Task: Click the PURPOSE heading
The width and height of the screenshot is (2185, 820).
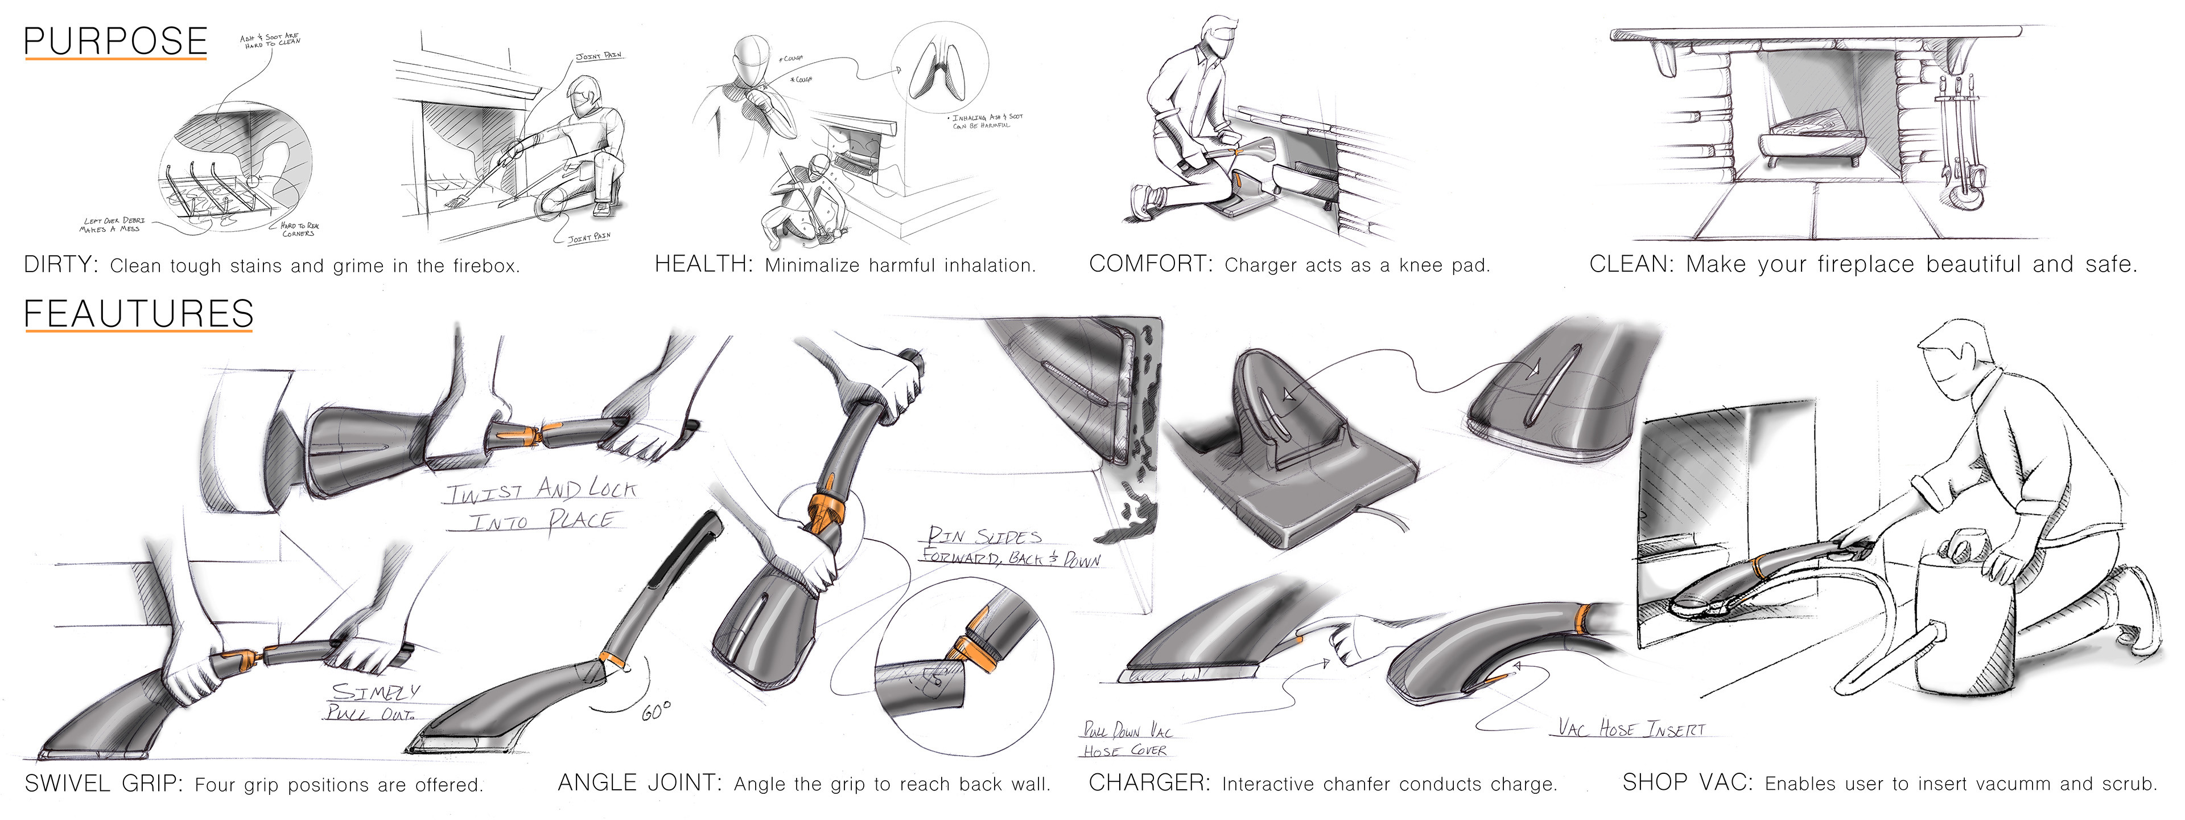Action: pyautogui.click(x=116, y=42)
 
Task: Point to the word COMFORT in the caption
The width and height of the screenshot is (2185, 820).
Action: pyautogui.click(x=1150, y=264)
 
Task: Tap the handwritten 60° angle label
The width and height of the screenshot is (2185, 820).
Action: pyautogui.click(x=655, y=711)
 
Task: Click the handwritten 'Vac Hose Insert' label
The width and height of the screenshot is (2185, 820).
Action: pyautogui.click(x=1630, y=728)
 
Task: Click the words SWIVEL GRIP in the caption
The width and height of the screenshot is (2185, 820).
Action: pyautogui.click(x=104, y=782)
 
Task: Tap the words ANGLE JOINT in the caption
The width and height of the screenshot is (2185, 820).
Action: pyautogui.click(x=640, y=782)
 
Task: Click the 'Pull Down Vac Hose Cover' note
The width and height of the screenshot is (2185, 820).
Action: pyautogui.click(x=1126, y=739)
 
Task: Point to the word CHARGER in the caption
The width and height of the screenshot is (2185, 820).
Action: pyautogui.click(x=1148, y=782)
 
